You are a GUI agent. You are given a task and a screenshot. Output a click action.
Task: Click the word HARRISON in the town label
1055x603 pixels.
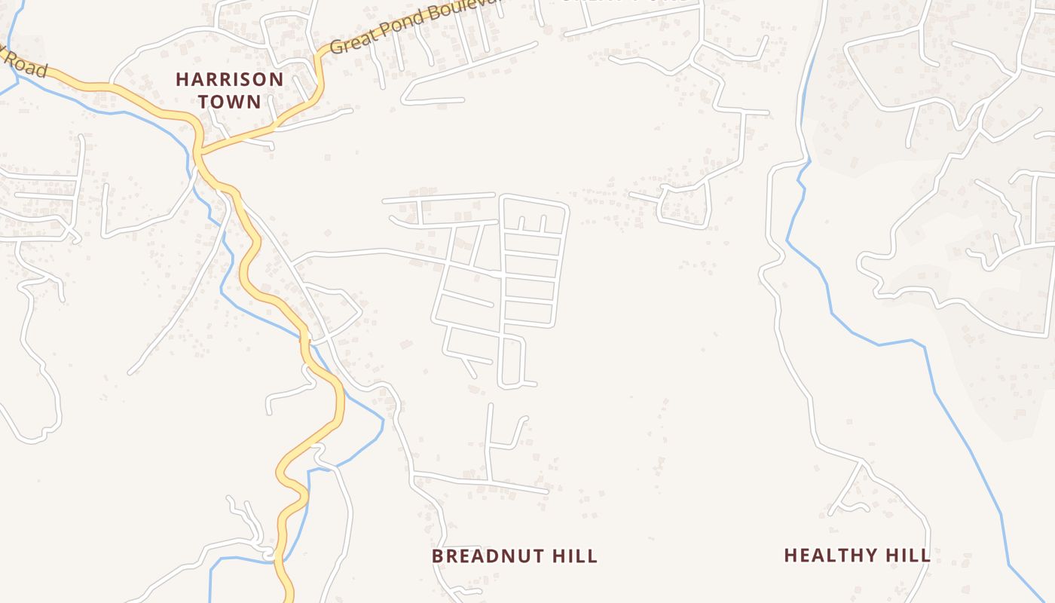pos(230,79)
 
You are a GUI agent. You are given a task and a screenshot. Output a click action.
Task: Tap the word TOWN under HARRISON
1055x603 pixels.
pos(230,101)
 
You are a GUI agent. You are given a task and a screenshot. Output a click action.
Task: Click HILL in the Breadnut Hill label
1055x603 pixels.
pos(575,556)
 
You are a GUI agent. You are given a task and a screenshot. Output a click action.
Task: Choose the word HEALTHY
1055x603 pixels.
pos(832,556)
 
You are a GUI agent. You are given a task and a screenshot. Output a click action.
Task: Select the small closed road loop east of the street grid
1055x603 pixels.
pos(684,204)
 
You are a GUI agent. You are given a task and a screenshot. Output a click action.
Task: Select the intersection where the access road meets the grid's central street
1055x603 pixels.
pos(500,274)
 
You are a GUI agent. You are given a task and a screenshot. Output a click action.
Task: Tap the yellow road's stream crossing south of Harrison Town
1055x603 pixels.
pos(305,339)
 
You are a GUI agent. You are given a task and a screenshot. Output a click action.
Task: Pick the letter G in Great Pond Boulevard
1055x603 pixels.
pos(338,47)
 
